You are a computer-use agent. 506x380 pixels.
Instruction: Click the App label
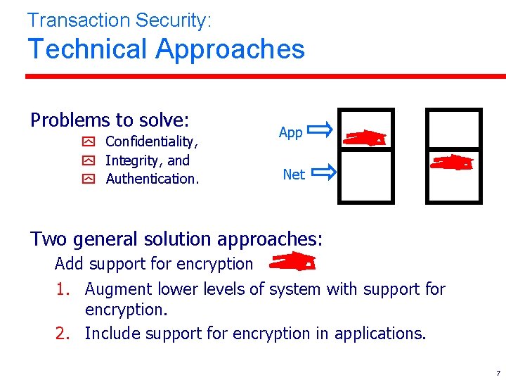coord(290,132)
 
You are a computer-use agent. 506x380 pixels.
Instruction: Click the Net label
coord(294,174)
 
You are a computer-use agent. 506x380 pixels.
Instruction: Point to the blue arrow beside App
coord(320,129)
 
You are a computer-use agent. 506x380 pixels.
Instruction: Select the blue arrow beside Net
coord(323,171)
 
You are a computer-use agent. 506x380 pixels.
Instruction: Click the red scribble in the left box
coord(365,138)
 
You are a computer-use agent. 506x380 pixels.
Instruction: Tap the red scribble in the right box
coord(452,163)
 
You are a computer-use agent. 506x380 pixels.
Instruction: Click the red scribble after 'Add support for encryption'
coord(293,262)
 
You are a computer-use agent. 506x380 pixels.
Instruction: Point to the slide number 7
coord(498,372)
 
